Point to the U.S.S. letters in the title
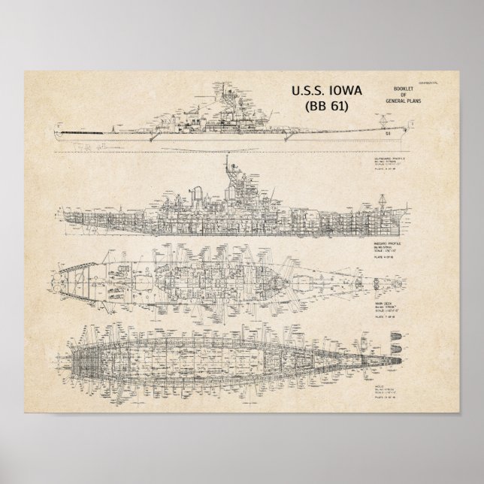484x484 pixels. pos(305,90)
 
